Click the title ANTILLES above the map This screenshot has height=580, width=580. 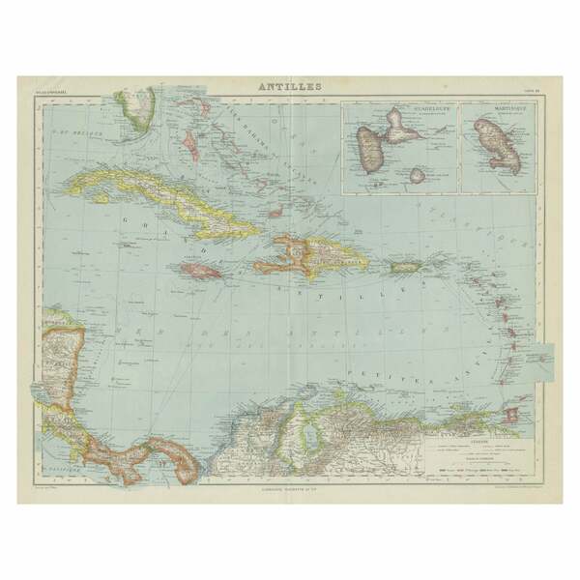point(290,86)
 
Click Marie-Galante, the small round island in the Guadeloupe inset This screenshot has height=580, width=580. point(418,175)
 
